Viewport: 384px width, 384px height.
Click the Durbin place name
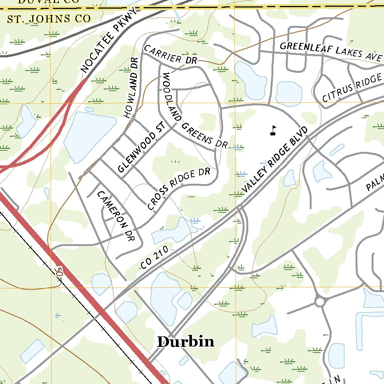pos(186,342)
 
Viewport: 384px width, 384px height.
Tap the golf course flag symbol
pos(273,130)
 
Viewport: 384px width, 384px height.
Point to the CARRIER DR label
pos(168,54)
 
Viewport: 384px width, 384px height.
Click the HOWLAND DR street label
pos(131,87)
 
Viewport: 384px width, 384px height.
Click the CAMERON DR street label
pos(115,216)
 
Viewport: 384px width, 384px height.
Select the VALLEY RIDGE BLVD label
pos(274,160)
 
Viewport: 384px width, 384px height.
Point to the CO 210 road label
pos(157,259)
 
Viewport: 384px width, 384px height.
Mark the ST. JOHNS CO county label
pos(49,19)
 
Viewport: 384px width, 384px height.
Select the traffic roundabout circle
pos(320,301)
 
